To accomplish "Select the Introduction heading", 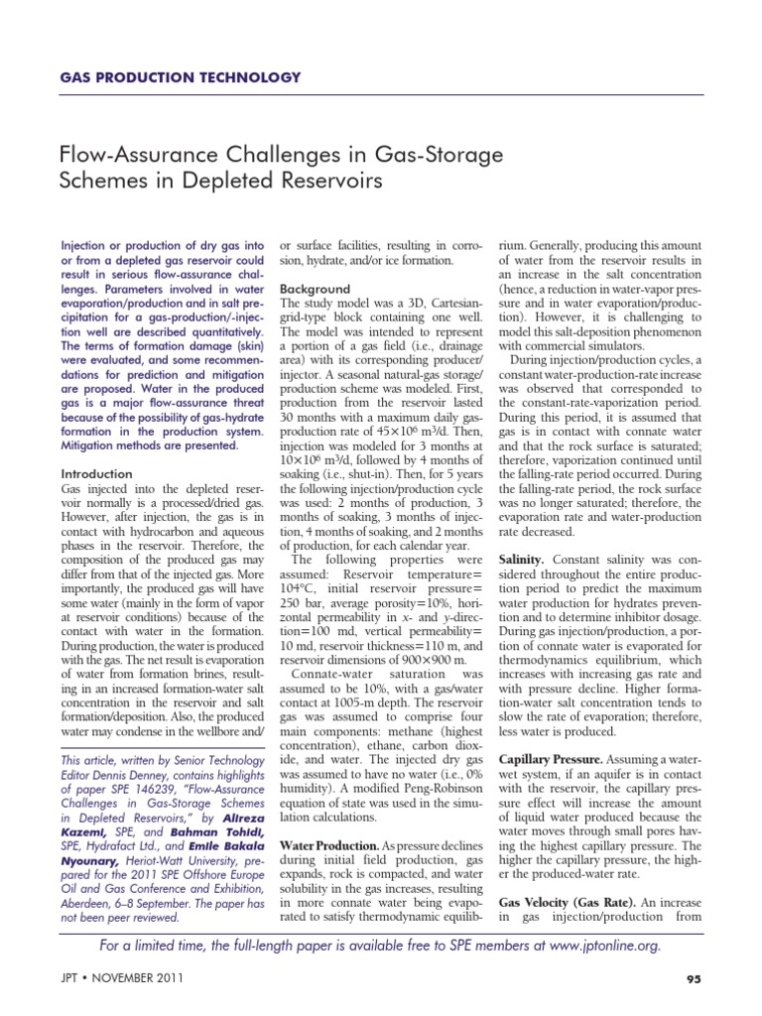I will click(x=97, y=474).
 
